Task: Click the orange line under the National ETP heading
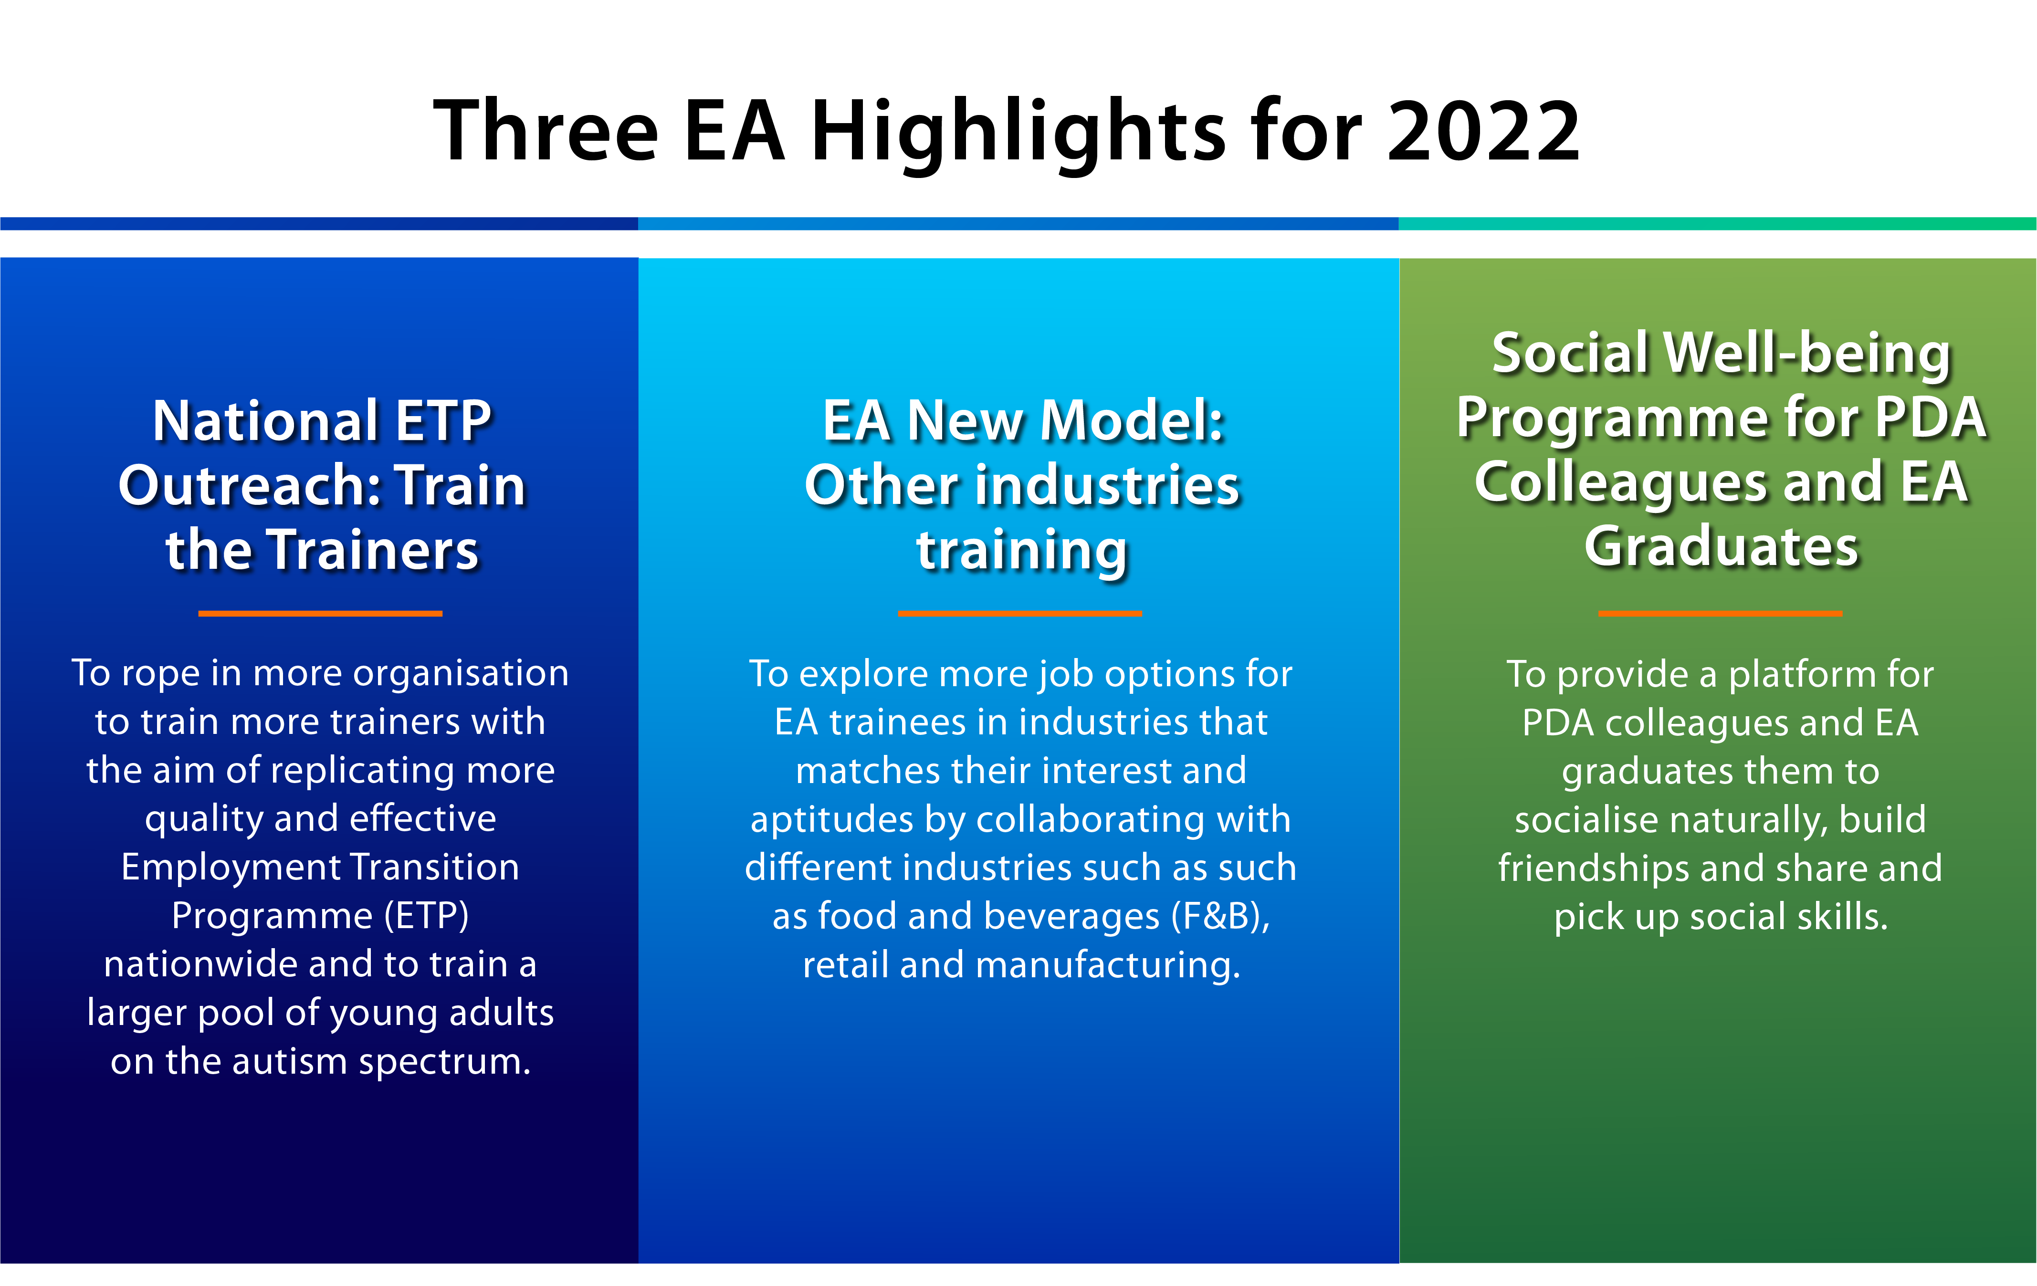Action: pos(321,613)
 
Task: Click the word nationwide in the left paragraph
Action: pos(199,964)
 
